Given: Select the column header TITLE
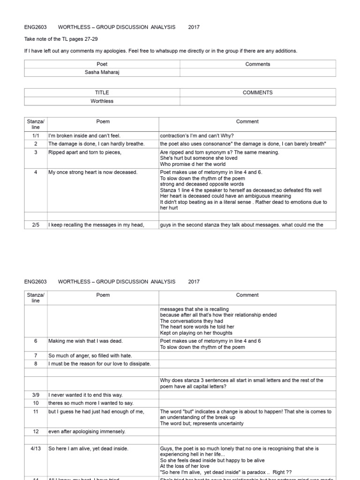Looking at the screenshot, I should pos(102,93).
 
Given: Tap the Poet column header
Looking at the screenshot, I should pos(102,64).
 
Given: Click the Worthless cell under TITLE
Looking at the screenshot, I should pos(102,101).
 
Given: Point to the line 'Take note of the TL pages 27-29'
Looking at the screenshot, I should pos(61,39).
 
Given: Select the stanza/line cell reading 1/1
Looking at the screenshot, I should pos(36,135).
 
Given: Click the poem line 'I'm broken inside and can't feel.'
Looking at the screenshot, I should pos(84,135).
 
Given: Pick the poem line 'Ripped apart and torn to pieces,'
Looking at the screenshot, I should pos(85,152).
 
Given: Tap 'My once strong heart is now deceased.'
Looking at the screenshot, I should pos(93,172).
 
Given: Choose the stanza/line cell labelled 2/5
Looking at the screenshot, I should pos(36,225).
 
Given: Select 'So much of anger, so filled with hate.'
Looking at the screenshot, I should pos(91,356).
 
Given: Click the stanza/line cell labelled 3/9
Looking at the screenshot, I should pos(36,395).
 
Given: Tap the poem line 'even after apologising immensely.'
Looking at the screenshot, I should pos(87,431).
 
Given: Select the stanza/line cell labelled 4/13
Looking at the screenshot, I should pos(36,449).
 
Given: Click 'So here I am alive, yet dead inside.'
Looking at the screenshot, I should pos(88,449).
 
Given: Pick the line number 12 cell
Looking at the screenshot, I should pos(36,431).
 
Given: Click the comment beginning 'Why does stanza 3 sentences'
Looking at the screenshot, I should pos(241,383).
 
